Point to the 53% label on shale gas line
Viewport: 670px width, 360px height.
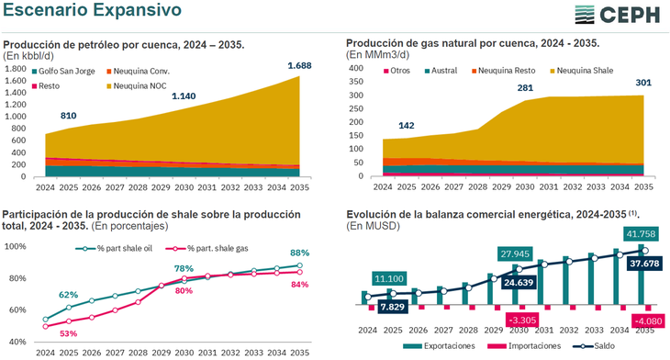click(69, 333)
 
